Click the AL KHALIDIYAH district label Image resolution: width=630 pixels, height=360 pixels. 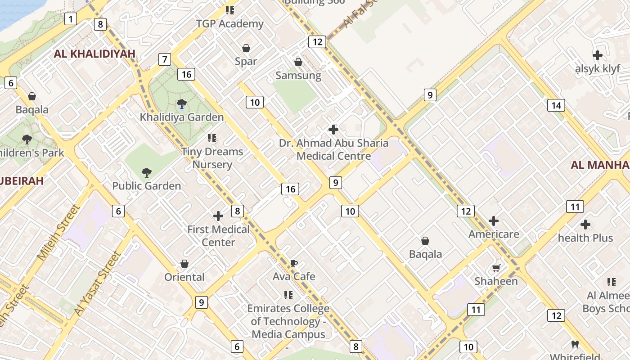(94, 54)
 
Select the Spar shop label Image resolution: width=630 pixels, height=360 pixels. (246, 61)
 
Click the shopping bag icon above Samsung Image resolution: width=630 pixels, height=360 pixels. (298, 62)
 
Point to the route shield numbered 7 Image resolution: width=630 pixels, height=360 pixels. (165, 59)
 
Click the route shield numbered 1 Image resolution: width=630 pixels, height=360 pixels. (71, 19)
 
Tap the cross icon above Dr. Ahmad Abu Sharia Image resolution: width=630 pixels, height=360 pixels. (333, 130)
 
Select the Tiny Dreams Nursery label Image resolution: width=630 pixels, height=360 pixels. (212, 158)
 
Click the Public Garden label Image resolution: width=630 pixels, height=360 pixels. (146, 186)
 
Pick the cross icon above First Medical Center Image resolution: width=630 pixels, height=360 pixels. (218, 216)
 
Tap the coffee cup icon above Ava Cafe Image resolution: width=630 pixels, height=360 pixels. (293, 263)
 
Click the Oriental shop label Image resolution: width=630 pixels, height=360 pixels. (184, 277)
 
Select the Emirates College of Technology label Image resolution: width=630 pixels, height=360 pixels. (288, 321)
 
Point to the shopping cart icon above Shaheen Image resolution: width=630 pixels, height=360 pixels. (496, 268)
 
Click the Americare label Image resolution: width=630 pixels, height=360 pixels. (494, 234)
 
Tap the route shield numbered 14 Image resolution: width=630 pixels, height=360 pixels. (556, 105)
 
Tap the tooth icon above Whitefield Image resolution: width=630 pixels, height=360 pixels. (575, 345)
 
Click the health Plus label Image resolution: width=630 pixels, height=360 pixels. (585, 238)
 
